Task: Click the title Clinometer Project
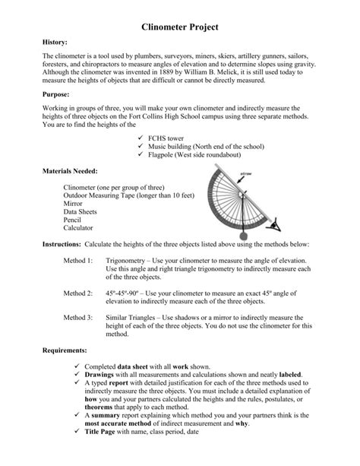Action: (180, 27)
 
